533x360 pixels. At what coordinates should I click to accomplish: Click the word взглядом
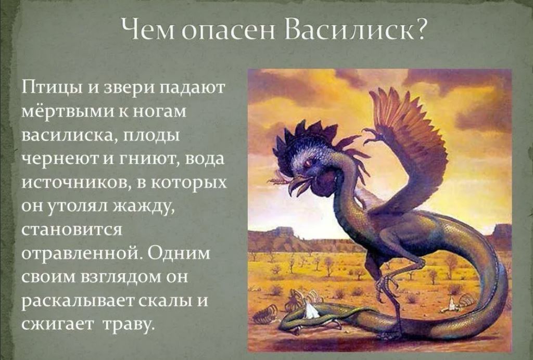(121, 277)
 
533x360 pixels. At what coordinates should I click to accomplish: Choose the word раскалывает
(79, 301)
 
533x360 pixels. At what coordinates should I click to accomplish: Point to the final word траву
(129, 325)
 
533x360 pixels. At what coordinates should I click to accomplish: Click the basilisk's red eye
(309, 163)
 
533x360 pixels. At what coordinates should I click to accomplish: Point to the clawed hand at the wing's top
(373, 136)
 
